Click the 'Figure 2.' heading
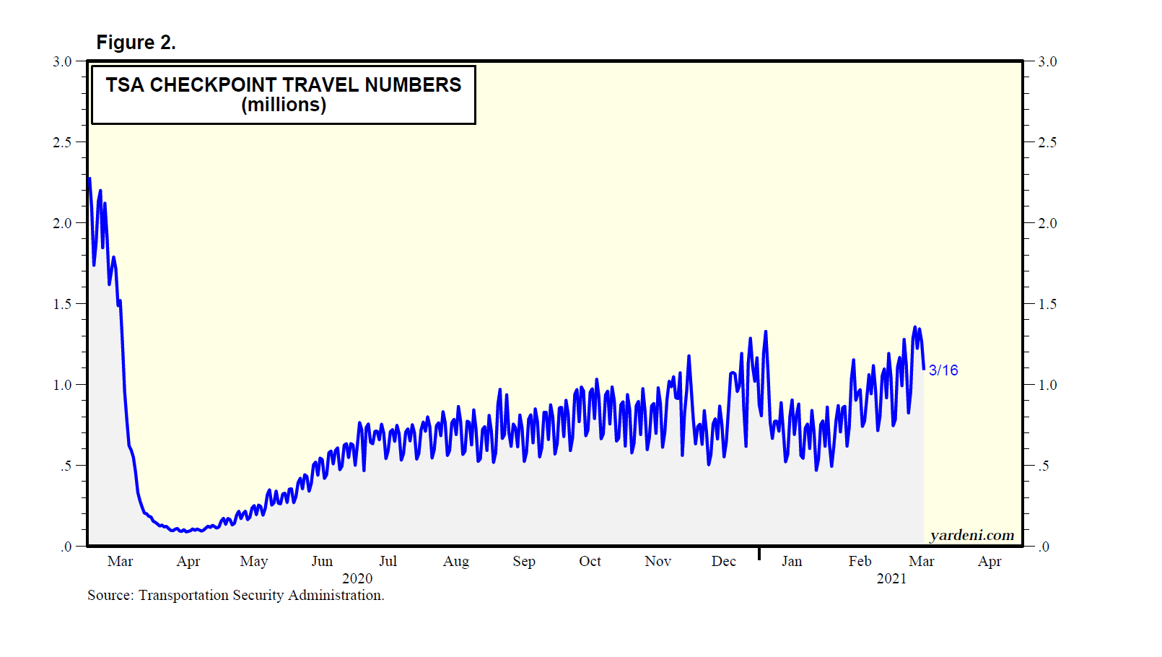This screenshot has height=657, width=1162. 136,43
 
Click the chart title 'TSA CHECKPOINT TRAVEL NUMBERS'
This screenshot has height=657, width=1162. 283,85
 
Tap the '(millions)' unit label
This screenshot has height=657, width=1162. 284,105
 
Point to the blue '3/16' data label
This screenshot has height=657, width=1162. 943,370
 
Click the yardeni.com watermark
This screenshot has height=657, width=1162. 971,535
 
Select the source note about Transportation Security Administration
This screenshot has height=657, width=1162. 235,596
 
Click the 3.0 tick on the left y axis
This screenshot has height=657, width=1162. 63,62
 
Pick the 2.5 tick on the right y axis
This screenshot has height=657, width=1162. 1047,143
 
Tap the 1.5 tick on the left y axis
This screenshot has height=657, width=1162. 63,305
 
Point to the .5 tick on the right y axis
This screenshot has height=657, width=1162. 1044,466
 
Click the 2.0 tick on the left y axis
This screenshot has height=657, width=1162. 63,224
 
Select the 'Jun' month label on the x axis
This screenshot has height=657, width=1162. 322,562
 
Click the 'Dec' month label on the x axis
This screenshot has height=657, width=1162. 723,562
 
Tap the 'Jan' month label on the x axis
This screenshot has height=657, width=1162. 792,562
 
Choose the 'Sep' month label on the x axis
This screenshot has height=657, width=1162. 524,562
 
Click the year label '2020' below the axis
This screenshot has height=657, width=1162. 357,579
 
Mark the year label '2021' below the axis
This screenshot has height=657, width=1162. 891,579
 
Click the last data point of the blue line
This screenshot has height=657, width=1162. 924,368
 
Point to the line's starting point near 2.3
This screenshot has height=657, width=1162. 89,178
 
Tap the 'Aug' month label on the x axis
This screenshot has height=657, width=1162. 456,562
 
